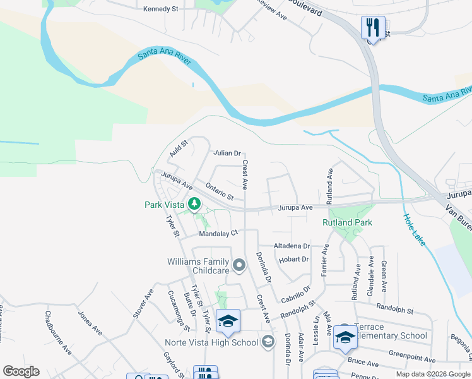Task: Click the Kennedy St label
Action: point(162,9)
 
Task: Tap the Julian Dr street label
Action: point(227,153)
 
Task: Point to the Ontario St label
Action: point(220,191)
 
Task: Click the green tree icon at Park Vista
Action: point(195,204)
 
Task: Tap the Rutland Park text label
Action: point(347,222)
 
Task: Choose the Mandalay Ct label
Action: point(218,233)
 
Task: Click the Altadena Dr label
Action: point(292,246)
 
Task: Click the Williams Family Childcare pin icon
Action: point(239,266)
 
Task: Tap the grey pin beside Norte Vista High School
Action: point(268,342)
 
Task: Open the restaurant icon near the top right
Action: point(373,27)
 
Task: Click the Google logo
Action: point(21,371)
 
